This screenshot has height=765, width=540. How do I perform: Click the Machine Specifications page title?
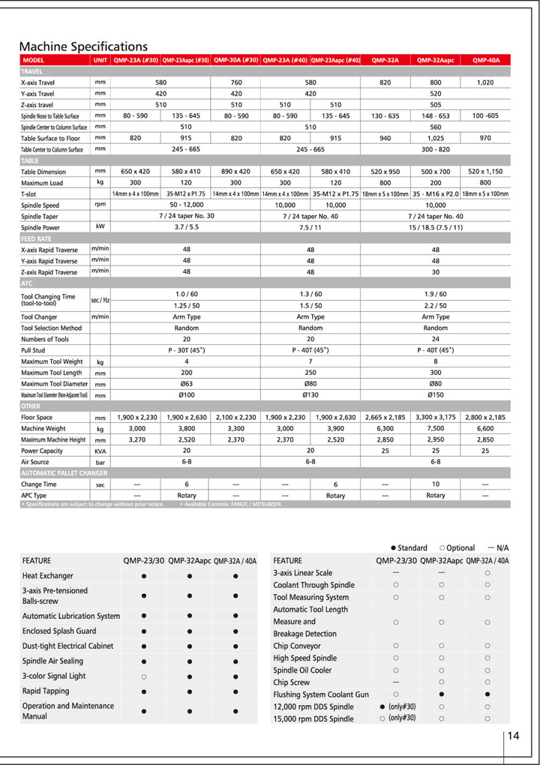pos(83,46)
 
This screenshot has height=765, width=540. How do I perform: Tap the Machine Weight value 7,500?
pos(436,428)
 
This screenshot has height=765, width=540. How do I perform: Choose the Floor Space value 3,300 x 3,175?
pos(436,417)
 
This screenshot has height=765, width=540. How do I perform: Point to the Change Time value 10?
pos(436,484)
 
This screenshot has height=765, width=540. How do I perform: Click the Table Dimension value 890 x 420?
pos(235,172)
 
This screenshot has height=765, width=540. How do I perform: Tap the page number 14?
pos(513,736)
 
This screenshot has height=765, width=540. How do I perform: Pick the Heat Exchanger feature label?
pos(48,576)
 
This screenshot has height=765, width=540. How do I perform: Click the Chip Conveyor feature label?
pos(295,646)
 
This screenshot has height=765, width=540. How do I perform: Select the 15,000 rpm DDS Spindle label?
pos(313,718)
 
